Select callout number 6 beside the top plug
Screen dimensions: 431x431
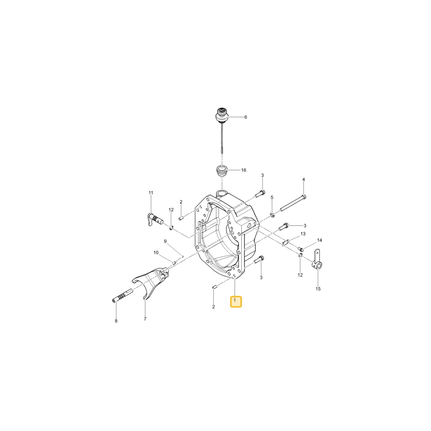[x=246, y=117]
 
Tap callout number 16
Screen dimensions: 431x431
[x=244, y=170]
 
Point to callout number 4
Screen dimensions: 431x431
[x=303, y=179]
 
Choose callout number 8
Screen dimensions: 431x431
[x=116, y=321]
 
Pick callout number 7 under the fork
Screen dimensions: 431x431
[x=145, y=319]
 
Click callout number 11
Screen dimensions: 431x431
[x=150, y=193]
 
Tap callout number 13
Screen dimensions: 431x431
[x=303, y=234]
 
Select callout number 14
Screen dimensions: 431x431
[x=319, y=240]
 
